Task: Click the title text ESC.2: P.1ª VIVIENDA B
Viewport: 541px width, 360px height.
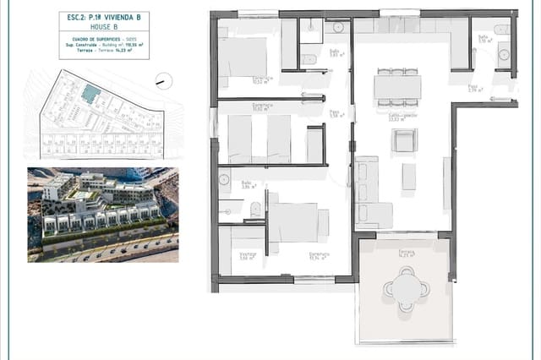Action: click(104, 16)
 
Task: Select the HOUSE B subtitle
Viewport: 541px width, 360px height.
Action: click(104, 27)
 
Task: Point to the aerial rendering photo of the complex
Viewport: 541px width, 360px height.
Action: click(103, 215)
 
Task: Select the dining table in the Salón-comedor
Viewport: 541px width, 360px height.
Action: click(396, 85)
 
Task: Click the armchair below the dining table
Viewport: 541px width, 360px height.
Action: click(404, 140)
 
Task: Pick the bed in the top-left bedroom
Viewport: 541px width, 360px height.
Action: click(243, 57)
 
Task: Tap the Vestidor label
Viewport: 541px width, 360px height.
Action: click(247, 255)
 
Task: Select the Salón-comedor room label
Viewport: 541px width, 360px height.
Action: click(393, 117)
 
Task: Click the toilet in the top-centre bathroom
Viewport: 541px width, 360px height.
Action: click(309, 59)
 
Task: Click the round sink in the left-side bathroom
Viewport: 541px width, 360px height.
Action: click(224, 179)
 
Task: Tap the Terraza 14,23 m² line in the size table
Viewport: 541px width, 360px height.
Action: click(103, 52)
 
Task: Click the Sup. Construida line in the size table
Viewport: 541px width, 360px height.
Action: click(103, 46)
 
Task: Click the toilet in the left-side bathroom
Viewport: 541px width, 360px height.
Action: click(254, 209)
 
